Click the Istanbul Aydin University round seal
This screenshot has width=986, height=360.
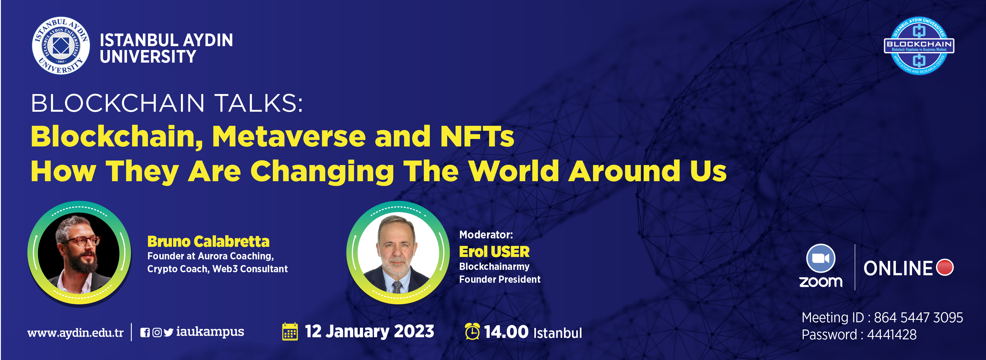[61, 46]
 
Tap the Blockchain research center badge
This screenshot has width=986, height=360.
[919, 46]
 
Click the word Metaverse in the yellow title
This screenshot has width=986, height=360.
[289, 137]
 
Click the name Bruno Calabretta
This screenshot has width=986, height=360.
[208, 241]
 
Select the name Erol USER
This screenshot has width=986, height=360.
[494, 252]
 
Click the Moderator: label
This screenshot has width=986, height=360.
[486, 235]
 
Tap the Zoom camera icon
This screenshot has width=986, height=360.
[821, 258]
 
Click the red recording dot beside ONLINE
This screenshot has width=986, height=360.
[945, 267]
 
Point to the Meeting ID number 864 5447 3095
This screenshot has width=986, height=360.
[918, 317]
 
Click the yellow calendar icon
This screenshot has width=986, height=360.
[290, 331]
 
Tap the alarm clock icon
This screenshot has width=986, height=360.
[472, 331]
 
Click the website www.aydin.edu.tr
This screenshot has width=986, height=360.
[75, 332]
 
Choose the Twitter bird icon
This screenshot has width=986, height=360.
[168, 332]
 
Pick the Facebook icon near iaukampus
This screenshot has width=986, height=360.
[145, 332]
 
